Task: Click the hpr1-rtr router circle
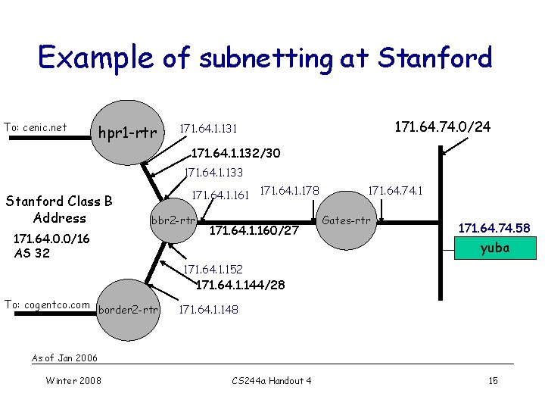pos(126,133)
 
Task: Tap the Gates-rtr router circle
pos(346,221)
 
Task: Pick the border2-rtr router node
pos(128,309)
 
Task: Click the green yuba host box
pos(495,248)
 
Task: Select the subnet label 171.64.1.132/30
pos(235,154)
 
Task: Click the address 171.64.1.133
pos(214,173)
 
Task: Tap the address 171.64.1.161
pos(221,195)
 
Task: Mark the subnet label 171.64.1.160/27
pos(254,229)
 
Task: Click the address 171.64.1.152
pos(213,270)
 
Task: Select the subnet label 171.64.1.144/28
pos(240,286)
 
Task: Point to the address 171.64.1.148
pos(208,309)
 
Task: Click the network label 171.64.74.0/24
pos(442,126)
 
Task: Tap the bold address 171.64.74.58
pos(494,228)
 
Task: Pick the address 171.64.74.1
pos(395,193)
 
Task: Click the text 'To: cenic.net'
pos(36,127)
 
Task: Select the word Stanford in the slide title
pos(434,58)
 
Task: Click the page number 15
pos(493,380)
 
